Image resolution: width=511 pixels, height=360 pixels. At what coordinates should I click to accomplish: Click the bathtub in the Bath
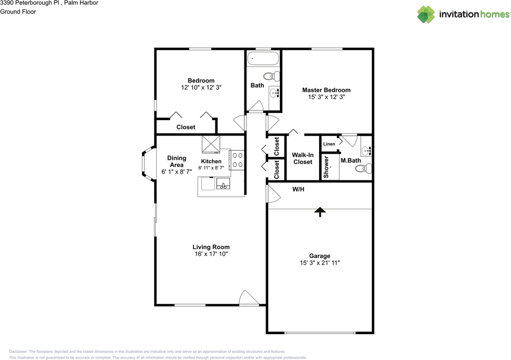point(263,58)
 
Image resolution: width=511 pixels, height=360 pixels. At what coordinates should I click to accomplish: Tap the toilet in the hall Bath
point(271,76)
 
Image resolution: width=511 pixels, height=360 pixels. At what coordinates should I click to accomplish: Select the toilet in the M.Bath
point(363,168)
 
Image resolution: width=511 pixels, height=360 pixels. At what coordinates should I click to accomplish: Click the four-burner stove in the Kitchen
point(237,160)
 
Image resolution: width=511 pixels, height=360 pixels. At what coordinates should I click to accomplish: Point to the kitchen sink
point(223,184)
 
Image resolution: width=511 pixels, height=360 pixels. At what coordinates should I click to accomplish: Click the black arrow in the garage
point(320,212)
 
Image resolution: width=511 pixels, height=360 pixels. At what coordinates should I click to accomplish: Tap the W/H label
point(298,189)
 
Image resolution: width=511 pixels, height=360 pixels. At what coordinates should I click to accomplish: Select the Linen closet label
point(329,144)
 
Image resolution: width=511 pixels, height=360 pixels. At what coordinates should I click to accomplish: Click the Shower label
point(326,167)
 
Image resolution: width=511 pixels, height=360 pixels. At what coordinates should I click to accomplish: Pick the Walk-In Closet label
point(303,158)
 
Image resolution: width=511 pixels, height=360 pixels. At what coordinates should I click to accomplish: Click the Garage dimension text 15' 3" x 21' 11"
point(320,263)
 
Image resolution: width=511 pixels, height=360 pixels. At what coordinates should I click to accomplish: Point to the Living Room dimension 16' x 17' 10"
point(211,254)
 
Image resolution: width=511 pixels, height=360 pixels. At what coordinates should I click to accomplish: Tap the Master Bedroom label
point(326,90)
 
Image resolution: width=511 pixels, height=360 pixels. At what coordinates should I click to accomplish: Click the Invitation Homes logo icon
point(426,14)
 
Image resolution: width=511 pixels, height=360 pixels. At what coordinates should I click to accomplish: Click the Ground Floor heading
point(18,12)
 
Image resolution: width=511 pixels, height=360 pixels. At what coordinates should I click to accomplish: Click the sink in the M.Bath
point(366,151)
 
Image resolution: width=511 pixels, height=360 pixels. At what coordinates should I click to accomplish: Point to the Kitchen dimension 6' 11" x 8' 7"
point(211,168)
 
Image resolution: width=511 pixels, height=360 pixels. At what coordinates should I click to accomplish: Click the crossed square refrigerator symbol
point(211,144)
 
